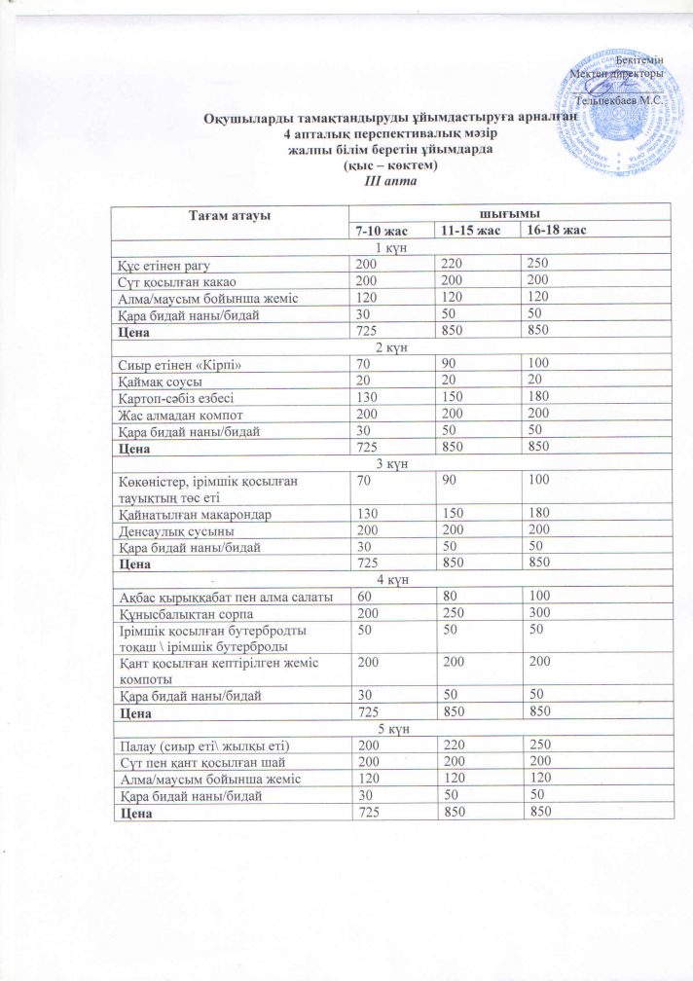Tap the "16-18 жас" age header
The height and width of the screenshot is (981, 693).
(554, 230)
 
